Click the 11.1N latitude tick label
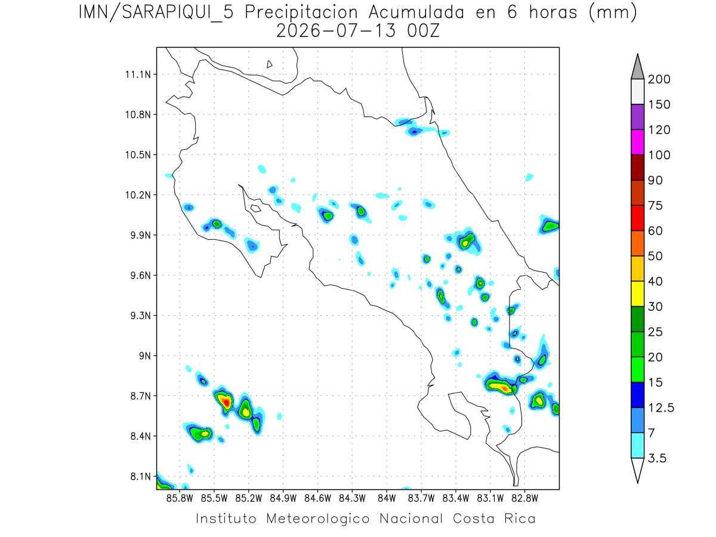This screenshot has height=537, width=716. click(138, 75)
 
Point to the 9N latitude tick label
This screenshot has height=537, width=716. click(145, 356)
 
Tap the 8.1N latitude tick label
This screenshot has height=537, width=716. click(141, 476)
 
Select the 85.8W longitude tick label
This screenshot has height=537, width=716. click(180, 499)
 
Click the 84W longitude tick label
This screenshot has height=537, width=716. click(387, 499)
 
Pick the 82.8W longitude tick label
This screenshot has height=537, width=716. click(524, 499)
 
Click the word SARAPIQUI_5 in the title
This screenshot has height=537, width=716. click(178, 13)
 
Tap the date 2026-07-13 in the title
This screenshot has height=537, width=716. click(336, 31)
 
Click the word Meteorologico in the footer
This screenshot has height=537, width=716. click(318, 519)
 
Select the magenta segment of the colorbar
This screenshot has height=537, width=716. click(637, 142)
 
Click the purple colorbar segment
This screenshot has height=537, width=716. click(637, 117)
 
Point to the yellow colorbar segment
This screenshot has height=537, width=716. click(637, 294)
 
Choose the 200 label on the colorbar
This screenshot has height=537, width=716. click(659, 79)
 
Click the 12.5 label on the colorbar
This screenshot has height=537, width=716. click(661, 408)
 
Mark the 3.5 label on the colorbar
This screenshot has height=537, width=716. click(657, 458)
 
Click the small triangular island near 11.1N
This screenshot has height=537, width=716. click(269, 64)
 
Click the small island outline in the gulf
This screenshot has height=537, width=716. click(256, 208)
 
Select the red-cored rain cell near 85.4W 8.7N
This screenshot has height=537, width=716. click(224, 402)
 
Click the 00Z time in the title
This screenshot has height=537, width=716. click(423, 31)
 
